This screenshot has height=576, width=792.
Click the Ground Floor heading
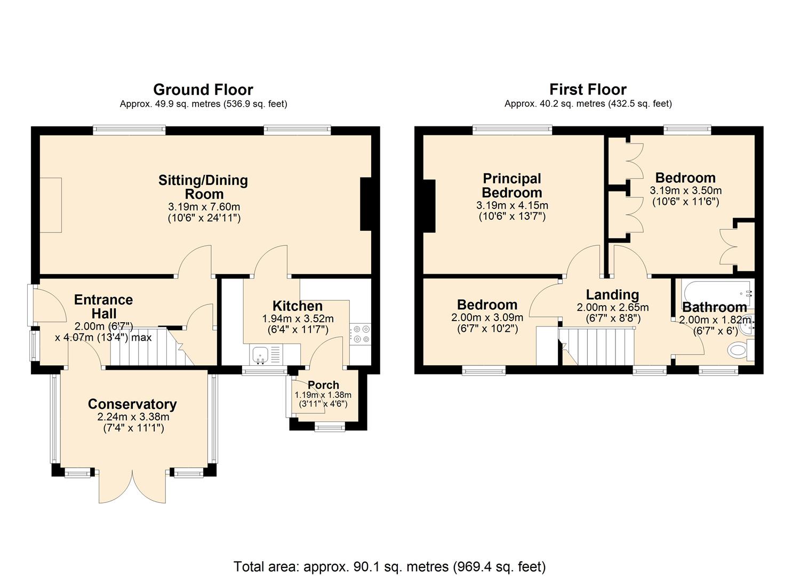coord(203,90)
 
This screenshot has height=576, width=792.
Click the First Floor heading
coord(588,90)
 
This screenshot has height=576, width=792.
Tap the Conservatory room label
coord(132,404)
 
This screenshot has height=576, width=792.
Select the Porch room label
coord(323,385)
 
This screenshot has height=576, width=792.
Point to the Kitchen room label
coord(298,306)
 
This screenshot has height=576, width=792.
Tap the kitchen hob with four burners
coord(360,334)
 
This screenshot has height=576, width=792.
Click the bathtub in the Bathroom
coord(715,292)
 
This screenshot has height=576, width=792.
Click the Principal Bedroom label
coord(512,186)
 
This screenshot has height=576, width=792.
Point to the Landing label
coord(612,295)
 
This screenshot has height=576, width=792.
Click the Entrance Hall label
coord(103,307)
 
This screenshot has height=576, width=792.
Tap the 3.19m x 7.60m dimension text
coord(204,207)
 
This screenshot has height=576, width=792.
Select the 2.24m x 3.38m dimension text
coord(133,417)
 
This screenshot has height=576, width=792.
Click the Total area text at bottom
coord(390,566)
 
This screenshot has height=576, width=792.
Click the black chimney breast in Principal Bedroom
coord(429,206)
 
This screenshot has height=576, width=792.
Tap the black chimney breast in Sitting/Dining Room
coord(366,204)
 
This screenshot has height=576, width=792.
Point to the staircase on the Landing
coord(597,347)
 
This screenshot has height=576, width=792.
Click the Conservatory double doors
coord(133,485)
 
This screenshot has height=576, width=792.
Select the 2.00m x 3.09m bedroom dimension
coord(487,317)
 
